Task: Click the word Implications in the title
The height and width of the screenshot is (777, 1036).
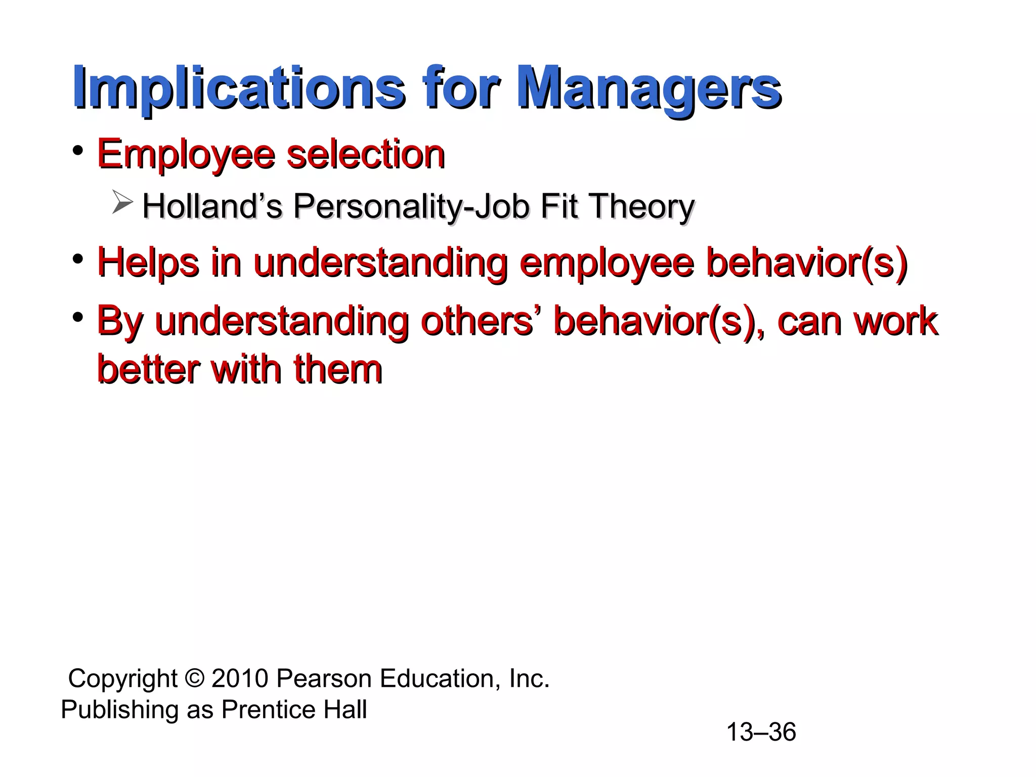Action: (238, 89)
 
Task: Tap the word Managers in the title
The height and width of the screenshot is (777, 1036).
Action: (649, 89)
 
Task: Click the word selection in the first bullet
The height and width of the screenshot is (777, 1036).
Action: (366, 154)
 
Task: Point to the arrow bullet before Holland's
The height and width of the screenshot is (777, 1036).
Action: (122, 203)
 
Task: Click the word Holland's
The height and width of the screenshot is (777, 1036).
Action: (212, 207)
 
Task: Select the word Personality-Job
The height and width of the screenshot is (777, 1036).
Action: (411, 207)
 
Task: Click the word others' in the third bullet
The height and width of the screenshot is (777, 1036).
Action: (477, 321)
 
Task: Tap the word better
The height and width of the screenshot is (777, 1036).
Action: (148, 369)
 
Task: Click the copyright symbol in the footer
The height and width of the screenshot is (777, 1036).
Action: (194, 678)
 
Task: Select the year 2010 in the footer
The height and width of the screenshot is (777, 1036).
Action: (240, 678)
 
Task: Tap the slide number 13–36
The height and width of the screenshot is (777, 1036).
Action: (761, 732)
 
